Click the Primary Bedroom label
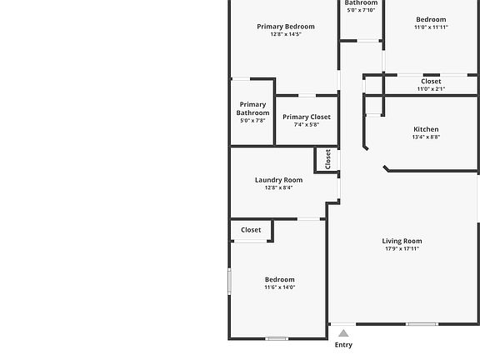pos(286,27)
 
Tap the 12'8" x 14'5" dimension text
pos(286,34)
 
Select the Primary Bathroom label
pos(252,108)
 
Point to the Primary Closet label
pos(307,117)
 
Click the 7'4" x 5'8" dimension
pos(307,125)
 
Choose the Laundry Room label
pos(278,180)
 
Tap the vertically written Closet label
pos(327,159)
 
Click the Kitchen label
pos(426,129)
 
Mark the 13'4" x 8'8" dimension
pos(426,137)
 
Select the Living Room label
pos(402,241)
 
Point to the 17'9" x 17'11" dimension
pos(402,248)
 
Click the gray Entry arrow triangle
pos(343,333)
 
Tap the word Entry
pos(343,345)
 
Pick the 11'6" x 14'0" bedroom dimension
pos(279,287)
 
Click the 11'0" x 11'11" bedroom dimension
pos(431,27)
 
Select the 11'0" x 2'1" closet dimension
pos(431,89)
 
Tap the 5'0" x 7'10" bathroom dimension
pos(361,10)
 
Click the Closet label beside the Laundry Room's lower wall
pos(251,230)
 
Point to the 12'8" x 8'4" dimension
pos(278,187)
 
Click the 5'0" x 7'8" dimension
pos(252,121)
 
